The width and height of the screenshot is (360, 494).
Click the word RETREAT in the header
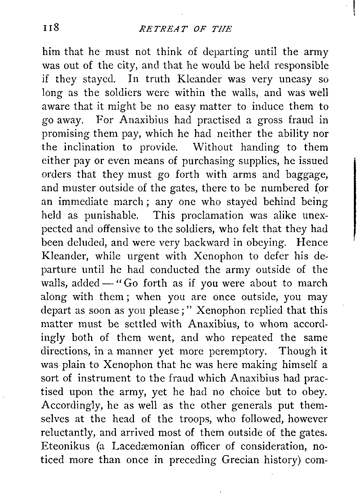click(153, 29)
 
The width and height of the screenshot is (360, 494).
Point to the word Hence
click(312, 243)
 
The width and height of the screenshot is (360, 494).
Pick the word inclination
click(89, 148)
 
